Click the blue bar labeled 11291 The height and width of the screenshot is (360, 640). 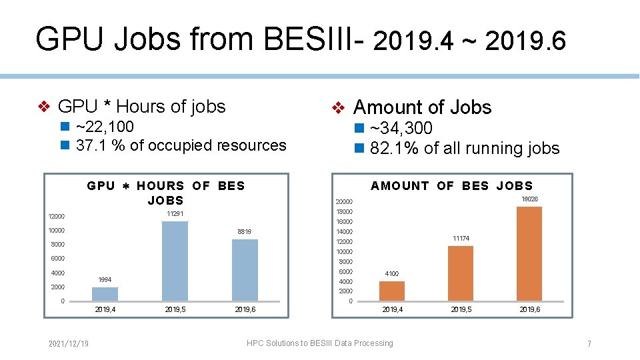point(175,261)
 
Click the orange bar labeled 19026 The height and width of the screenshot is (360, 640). point(529,253)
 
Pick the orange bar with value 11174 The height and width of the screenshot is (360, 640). point(461,273)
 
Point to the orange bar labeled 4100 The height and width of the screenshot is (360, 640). point(392,291)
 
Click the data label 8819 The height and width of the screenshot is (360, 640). point(244,232)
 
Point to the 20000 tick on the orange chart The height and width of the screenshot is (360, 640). point(344,202)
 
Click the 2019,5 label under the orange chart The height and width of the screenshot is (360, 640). point(461,310)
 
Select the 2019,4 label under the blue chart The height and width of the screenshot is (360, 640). point(105,310)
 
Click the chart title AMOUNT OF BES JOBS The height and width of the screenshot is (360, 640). point(452,186)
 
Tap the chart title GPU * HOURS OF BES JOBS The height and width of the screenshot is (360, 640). point(166,193)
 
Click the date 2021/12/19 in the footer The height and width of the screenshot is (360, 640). point(69,343)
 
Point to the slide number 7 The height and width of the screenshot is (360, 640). point(589,344)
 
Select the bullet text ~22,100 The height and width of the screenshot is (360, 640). point(105,127)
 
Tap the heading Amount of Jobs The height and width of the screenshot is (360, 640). point(422,107)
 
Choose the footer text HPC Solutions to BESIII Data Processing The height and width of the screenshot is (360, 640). point(319,343)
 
